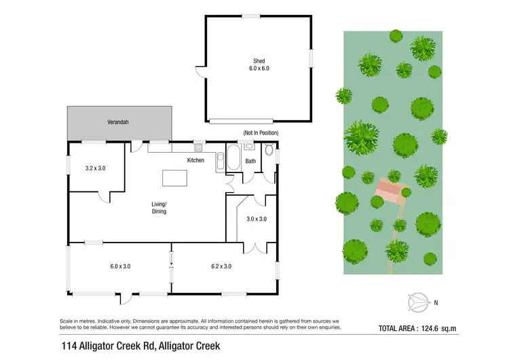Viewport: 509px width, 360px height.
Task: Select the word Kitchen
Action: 196,160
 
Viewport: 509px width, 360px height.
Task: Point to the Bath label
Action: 250,161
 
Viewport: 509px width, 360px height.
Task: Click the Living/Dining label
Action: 159,207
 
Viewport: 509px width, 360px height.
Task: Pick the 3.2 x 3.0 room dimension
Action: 96,168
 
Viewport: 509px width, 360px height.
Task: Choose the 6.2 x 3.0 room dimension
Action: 221,266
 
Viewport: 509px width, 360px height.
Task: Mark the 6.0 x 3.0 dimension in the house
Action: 120,266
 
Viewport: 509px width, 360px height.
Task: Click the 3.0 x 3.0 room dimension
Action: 256,219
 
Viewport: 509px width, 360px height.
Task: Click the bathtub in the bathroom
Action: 233,158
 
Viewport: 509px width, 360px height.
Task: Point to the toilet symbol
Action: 268,151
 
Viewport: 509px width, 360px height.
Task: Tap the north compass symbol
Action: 418,300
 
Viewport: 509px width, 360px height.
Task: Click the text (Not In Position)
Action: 261,132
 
